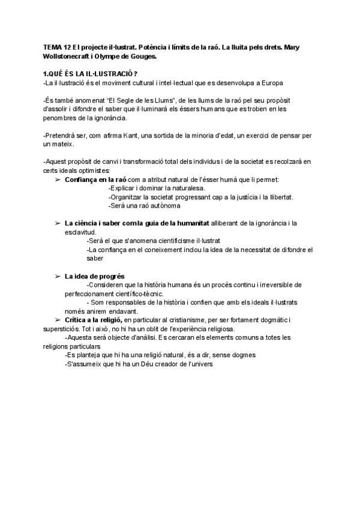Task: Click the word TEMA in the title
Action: point(53,47)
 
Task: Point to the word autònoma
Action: point(161,206)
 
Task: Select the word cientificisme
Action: point(167,241)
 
